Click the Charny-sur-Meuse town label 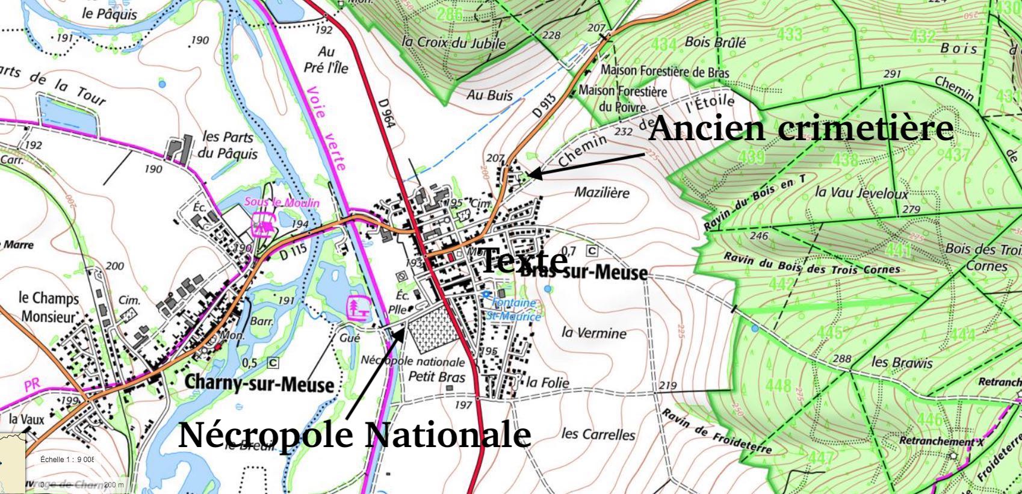[x=259, y=383]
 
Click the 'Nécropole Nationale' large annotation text [x=354, y=434]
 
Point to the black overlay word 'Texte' [x=524, y=261]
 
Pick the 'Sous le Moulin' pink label [x=282, y=203]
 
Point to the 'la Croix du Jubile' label [x=454, y=43]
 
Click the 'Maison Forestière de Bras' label [x=664, y=71]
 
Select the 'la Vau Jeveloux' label [x=861, y=193]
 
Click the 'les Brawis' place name [x=902, y=362]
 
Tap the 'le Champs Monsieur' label [x=49, y=306]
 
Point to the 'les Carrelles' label [x=598, y=434]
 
